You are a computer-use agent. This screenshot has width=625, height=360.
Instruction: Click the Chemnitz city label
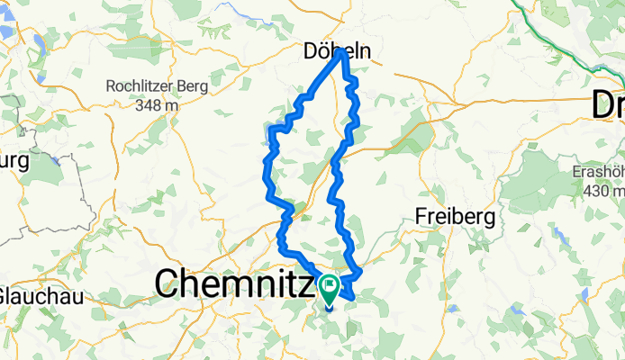click(236, 284)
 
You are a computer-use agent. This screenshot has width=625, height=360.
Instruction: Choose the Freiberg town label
click(454, 217)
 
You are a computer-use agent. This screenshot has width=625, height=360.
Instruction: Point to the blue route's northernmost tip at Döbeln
click(342, 53)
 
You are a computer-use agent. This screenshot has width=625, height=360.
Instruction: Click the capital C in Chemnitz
click(167, 284)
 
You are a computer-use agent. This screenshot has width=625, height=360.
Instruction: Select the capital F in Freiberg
click(421, 217)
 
